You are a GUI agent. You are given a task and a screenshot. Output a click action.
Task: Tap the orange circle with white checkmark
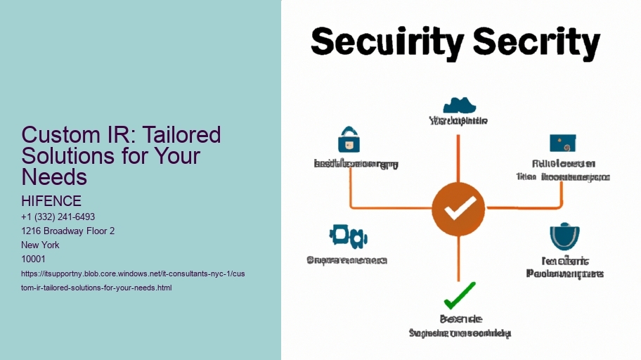(458, 208)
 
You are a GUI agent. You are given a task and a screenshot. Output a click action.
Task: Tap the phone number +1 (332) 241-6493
(58, 217)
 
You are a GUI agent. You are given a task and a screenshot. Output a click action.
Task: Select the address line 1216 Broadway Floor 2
(68, 231)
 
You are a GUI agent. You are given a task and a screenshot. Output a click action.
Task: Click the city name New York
(41, 245)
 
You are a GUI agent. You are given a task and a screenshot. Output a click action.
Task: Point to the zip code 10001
(34, 259)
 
